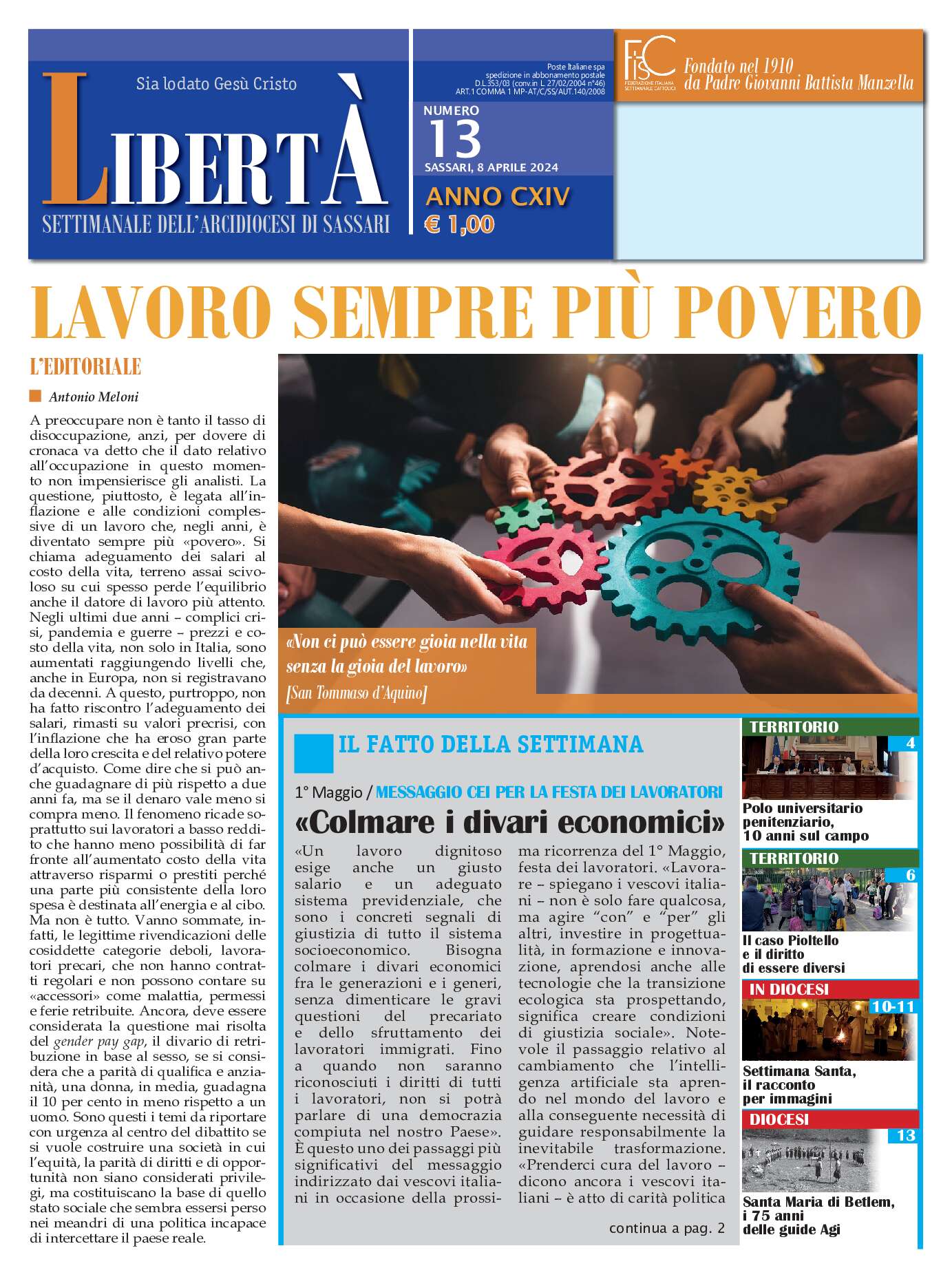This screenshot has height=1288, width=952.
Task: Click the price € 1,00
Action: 460,224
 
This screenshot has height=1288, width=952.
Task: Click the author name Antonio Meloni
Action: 94,397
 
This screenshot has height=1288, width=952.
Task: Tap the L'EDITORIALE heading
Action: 85,367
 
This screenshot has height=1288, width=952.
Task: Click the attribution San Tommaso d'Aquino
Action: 357,693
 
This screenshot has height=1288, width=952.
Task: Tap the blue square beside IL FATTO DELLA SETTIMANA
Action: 313,753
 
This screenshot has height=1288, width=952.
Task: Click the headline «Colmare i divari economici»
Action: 509,822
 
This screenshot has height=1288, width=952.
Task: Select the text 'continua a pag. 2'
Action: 666,1227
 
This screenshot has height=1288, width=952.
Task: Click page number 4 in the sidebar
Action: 910,743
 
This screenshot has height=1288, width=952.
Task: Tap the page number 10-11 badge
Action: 892,1006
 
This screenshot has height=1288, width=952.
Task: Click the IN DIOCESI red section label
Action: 789,989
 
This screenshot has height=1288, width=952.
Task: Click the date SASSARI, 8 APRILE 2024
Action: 491,167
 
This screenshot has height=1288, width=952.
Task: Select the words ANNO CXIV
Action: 498,197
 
